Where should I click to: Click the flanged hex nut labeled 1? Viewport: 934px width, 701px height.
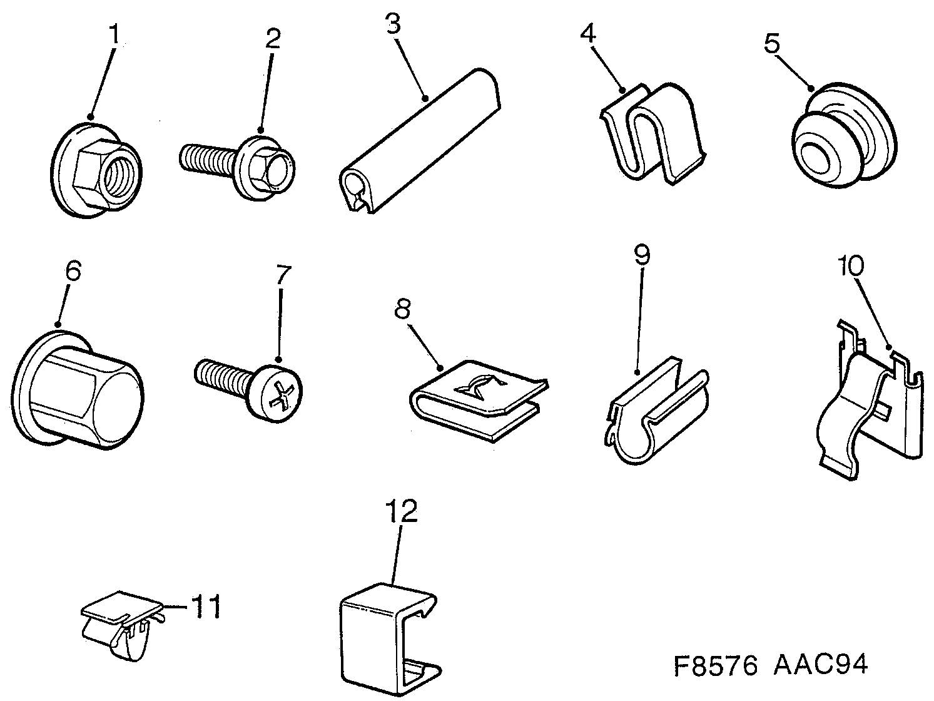(x=95, y=169)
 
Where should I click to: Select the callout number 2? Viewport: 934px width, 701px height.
(x=272, y=39)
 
